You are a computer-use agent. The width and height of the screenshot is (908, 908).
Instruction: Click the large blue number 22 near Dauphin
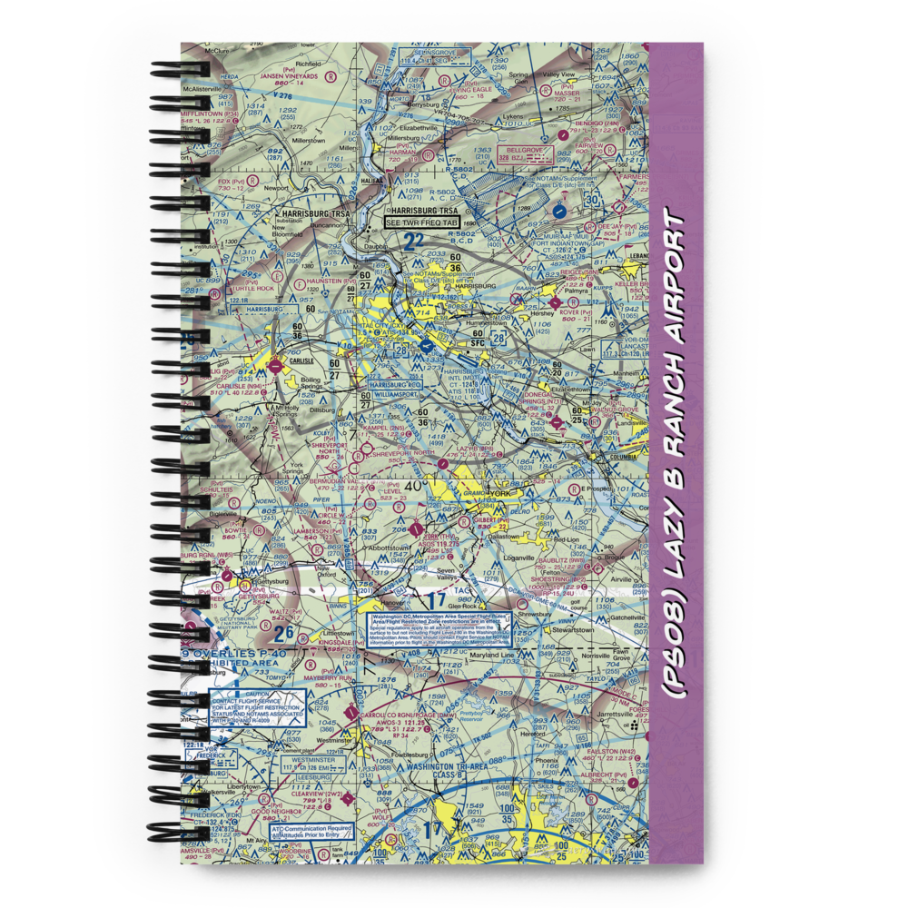click(x=414, y=242)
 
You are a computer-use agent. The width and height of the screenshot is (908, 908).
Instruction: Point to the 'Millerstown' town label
click(x=308, y=142)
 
